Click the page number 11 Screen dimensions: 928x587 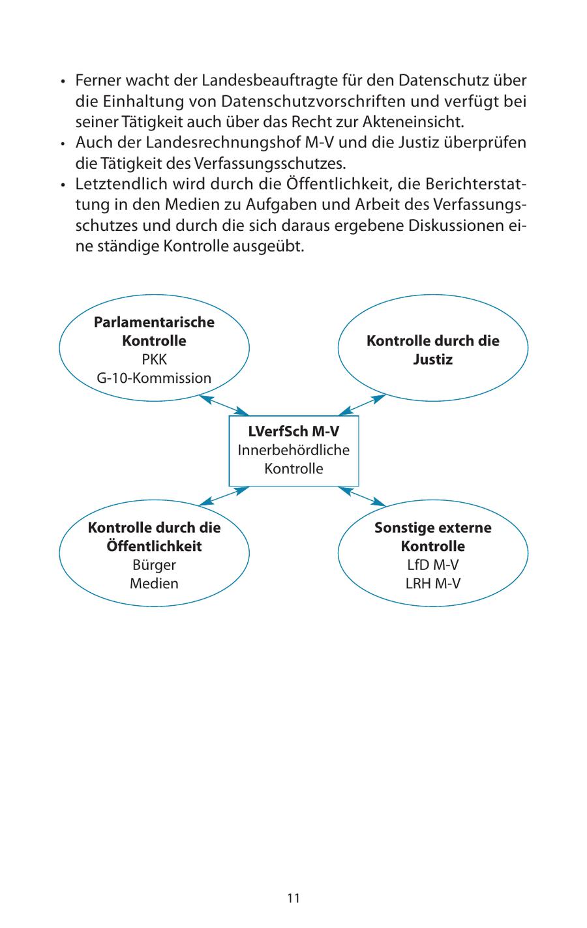293,898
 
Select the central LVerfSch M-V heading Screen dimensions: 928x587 293,432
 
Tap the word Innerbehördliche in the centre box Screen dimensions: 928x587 293,450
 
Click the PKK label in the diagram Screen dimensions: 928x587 154,359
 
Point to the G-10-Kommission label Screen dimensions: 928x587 154,378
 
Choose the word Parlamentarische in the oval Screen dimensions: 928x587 154,322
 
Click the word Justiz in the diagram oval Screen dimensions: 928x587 432,359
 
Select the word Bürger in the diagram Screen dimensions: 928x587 154,565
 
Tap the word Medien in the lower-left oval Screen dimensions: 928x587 154,584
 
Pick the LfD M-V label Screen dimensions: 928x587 432,565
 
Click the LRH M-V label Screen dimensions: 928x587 432,584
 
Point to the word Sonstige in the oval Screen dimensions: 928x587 399,528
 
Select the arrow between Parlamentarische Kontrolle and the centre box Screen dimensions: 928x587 224,405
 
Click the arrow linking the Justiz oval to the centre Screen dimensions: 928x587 363,405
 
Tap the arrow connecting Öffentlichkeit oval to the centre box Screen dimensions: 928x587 224,496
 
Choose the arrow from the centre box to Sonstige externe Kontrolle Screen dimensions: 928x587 363,496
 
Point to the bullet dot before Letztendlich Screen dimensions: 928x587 63,185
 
